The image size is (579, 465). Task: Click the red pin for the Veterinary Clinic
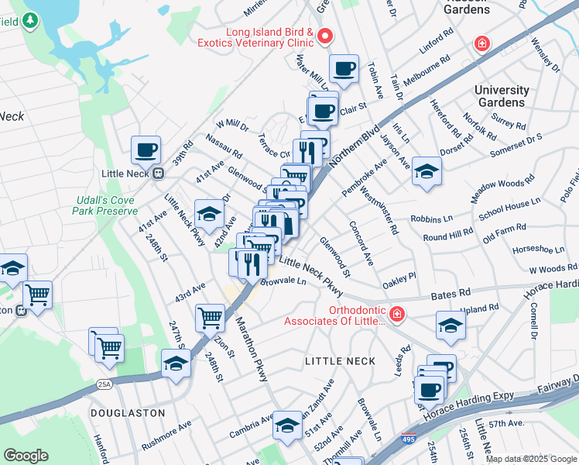(x=325, y=36)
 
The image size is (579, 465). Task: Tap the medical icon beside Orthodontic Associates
(x=396, y=315)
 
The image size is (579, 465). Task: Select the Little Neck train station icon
(x=159, y=174)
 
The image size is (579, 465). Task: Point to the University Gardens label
(x=501, y=96)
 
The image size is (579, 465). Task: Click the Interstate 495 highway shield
(x=408, y=439)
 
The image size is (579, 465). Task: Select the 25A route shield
(x=104, y=383)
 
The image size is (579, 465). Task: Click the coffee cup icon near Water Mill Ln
(x=344, y=68)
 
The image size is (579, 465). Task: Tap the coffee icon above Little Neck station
(x=145, y=150)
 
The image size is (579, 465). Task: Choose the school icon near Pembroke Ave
(x=426, y=171)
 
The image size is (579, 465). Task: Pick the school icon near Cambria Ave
(x=286, y=425)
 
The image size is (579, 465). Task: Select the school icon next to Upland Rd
(x=450, y=325)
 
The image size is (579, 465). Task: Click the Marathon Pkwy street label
(x=252, y=349)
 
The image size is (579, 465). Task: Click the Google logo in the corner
(x=26, y=456)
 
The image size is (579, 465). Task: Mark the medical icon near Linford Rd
(x=481, y=43)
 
